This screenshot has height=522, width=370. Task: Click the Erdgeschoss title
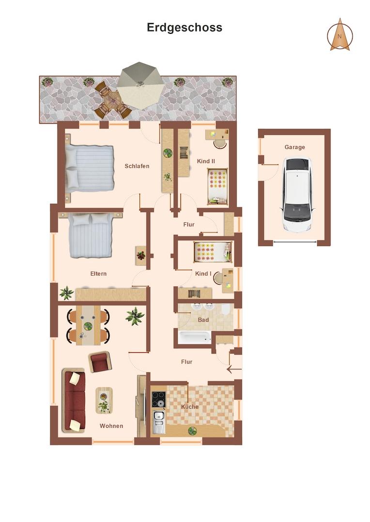pyautogui.click(x=185, y=28)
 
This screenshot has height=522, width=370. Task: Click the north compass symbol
pyautogui.click(x=340, y=35)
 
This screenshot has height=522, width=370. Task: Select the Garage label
pyautogui.click(x=294, y=147)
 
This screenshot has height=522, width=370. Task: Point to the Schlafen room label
pyautogui.click(x=137, y=166)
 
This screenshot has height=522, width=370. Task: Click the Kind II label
pyautogui.click(x=206, y=161)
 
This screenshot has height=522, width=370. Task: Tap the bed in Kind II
pyautogui.click(x=218, y=186)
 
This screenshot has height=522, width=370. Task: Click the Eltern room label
pyautogui.click(x=98, y=274)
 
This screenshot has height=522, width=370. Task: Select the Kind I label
pyautogui.click(x=203, y=274)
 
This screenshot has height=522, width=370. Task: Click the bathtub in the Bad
pyautogui.click(x=194, y=337)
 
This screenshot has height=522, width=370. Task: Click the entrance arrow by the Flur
pyautogui.click(x=234, y=370)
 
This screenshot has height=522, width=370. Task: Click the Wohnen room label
pyautogui.click(x=111, y=426)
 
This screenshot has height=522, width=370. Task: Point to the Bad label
pyautogui.click(x=203, y=320)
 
